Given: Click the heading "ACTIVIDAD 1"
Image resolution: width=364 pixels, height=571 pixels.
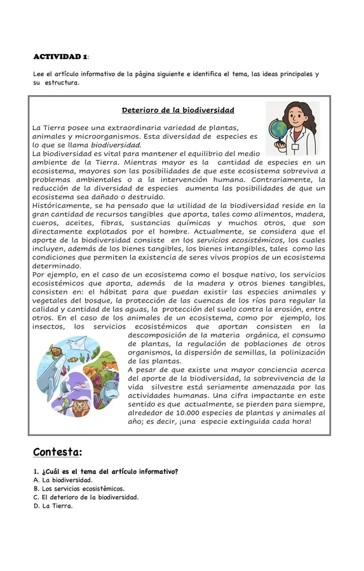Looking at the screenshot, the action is click(60, 57).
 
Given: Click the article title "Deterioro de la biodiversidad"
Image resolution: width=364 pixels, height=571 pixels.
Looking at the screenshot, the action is click(178, 110).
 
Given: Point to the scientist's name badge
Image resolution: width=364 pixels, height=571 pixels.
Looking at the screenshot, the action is click(295, 145).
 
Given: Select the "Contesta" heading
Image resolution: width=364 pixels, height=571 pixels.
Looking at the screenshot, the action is click(57, 452).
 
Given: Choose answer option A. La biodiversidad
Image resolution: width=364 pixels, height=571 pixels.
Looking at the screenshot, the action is click(63, 480).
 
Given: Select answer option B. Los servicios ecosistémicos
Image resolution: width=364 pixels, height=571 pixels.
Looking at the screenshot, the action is click(79, 489).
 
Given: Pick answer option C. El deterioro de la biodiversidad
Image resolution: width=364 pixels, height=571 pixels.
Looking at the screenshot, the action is click(86, 497).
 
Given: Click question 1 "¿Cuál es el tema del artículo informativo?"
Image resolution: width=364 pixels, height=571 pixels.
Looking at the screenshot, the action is click(105, 471).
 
